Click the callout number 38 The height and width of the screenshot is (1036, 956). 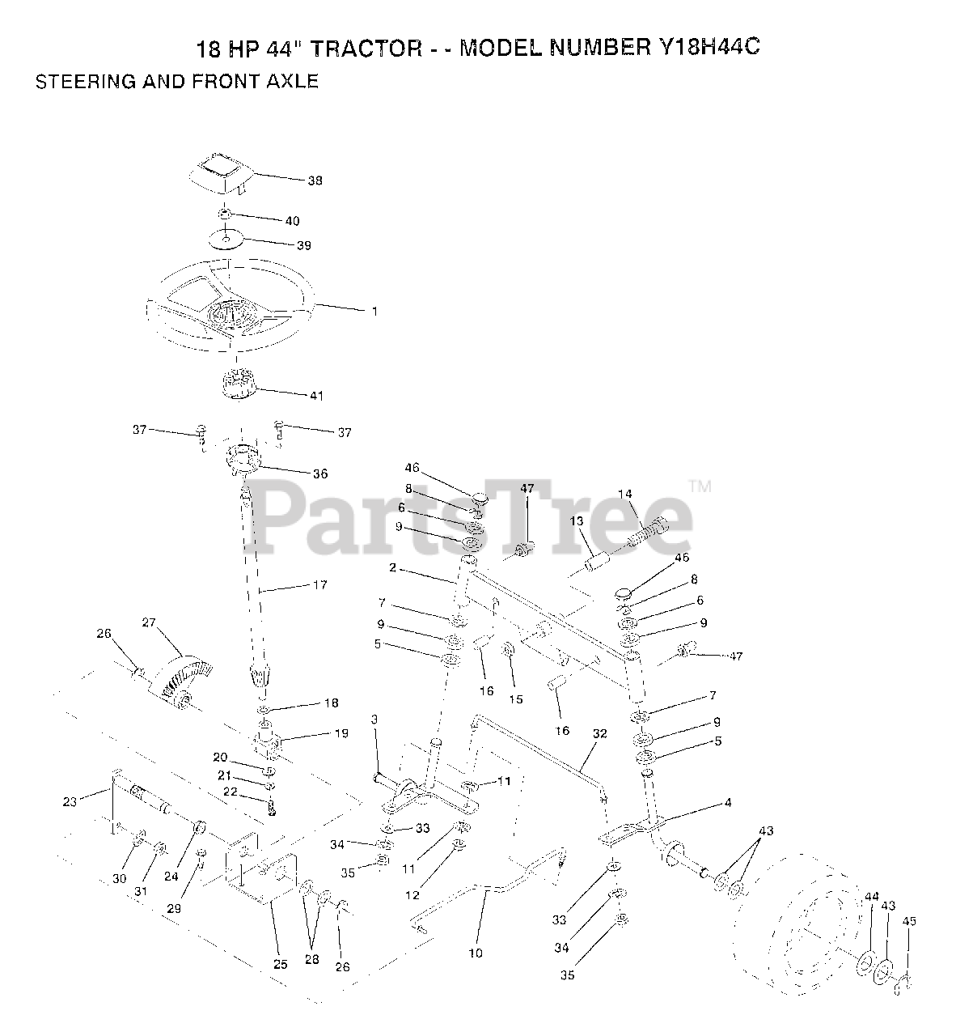[315, 181]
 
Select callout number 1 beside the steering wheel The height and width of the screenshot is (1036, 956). [374, 311]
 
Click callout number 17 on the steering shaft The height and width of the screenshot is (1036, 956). [320, 584]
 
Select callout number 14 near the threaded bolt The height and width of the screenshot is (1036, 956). [624, 494]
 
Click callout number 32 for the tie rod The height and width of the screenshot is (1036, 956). [599, 735]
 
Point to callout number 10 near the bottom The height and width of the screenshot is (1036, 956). [476, 953]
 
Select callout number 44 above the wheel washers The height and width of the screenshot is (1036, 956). [871, 897]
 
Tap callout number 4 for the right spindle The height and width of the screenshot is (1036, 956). [728, 803]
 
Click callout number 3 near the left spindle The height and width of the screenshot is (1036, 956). [374, 720]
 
